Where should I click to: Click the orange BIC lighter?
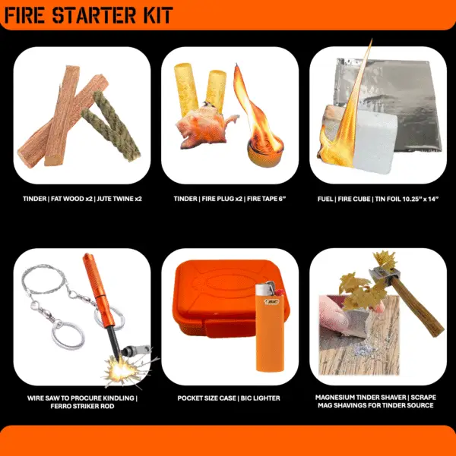(x=270, y=327)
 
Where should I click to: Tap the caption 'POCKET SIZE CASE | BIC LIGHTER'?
(x=229, y=398)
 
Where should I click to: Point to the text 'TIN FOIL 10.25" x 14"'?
(x=407, y=199)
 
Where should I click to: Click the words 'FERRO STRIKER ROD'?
(x=82, y=406)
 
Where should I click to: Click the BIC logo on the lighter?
(x=271, y=301)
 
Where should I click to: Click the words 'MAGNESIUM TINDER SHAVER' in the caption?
(x=361, y=398)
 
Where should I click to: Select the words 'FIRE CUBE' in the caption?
(x=354, y=199)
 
